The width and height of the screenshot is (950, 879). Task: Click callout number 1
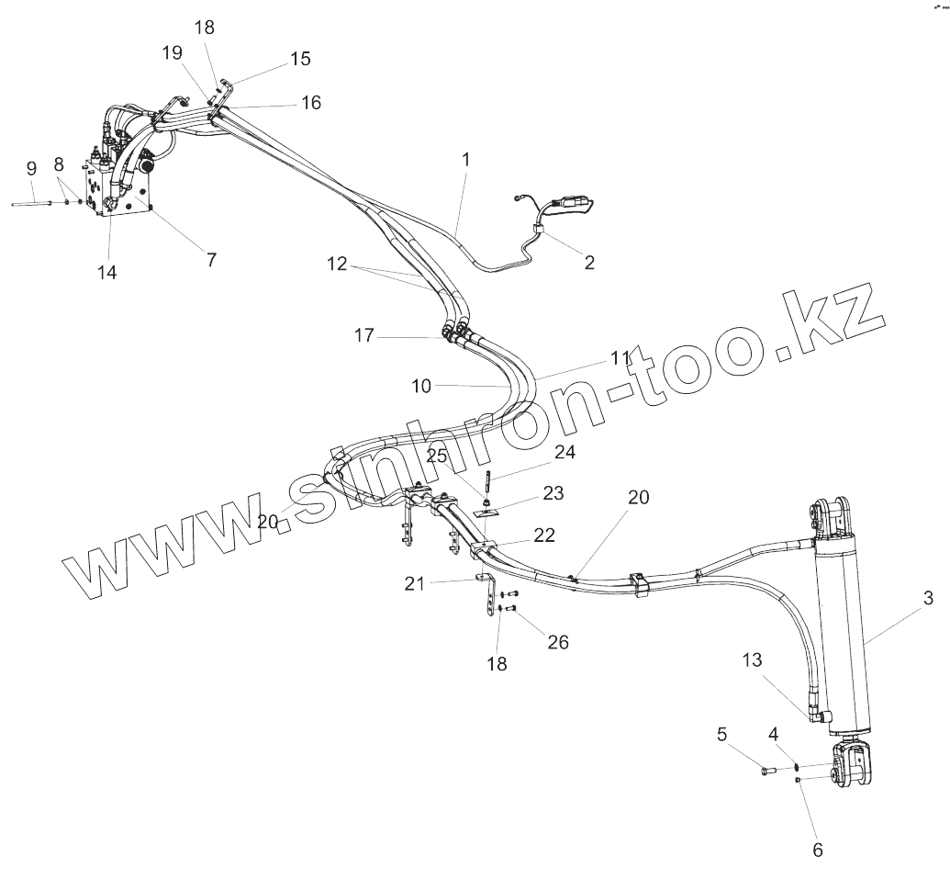[465, 159]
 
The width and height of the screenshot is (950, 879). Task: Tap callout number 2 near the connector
[588, 263]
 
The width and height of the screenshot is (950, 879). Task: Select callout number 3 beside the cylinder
[928, 599]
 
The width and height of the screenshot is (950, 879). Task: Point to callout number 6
[818, 850]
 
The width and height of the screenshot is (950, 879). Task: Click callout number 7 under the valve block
[211, 259]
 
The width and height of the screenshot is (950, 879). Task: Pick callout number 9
[31, 168]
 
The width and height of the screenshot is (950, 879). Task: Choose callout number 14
[108, 272]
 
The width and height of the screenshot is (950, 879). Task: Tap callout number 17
[364, 335]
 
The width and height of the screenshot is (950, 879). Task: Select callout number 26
[558, 642]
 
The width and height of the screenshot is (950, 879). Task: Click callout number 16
[311, 103]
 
